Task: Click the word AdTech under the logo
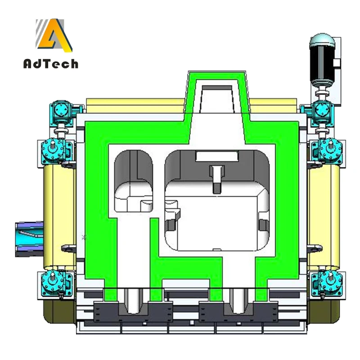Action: [x=51, y=63]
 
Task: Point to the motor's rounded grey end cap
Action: [x=322, y=40]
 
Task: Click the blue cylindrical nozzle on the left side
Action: [x=29, y=239]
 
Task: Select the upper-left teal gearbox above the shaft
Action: [x=61, y=111]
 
